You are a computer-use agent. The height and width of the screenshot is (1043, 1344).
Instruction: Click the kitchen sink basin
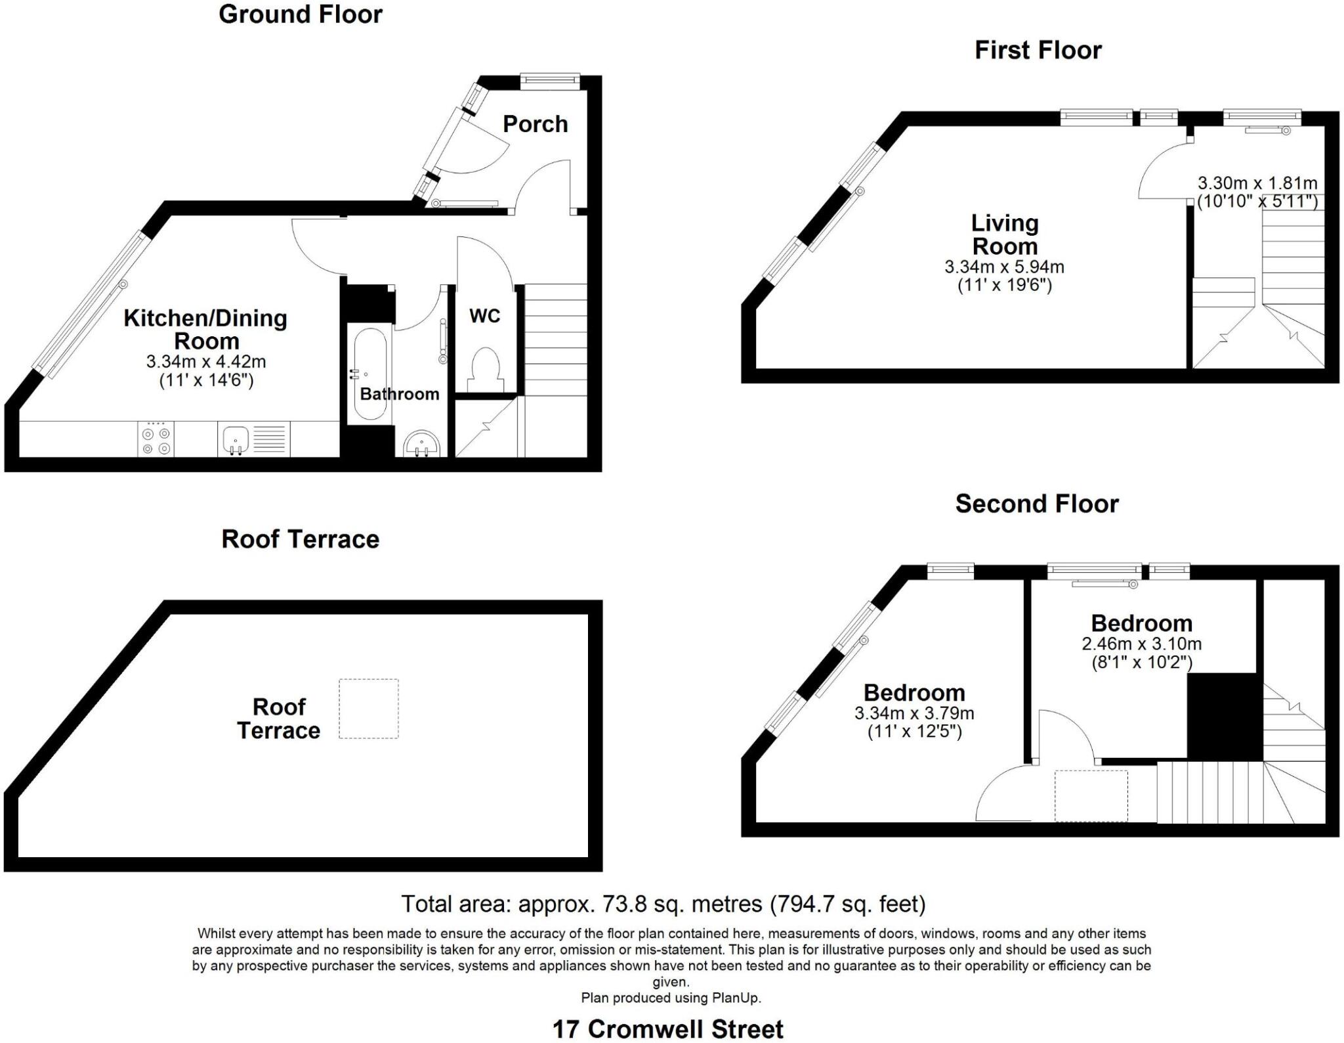tap(236, 439)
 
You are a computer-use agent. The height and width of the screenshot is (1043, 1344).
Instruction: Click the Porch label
tap(535, 124)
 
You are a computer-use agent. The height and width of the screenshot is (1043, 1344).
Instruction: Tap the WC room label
tap(484, 316)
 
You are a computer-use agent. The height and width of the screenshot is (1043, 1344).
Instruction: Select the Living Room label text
tap(1005, 234)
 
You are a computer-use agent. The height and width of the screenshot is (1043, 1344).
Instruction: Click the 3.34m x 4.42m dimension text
tap(206, 361)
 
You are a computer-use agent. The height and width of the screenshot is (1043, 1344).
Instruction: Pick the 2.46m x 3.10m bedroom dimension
tap(1142, 644)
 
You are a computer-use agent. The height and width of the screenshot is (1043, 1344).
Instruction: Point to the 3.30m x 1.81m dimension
tap(1257, 183)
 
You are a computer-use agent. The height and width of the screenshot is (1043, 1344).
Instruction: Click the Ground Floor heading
tap(301, 14)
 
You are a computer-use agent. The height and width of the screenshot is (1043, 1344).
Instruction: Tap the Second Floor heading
tap(1037, 504)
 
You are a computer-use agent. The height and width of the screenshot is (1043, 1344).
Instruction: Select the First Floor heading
tap(1038, 50)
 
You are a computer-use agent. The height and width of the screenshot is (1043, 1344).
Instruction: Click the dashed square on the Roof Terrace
tap(369, 709)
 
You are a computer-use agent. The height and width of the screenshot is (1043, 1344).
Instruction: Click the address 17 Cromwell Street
tap(668, 1029)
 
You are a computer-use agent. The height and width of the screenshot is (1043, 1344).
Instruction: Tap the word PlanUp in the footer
tap(736, 998)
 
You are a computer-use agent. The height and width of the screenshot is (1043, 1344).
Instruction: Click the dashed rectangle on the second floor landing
tap(1091, 796)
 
